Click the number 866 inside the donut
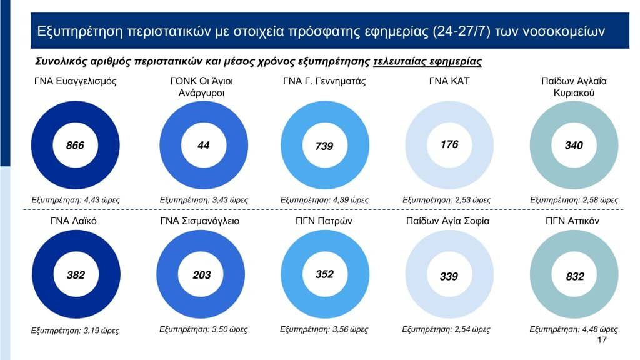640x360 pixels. [x=75, y=146]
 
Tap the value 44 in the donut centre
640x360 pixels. [x=203, y=146]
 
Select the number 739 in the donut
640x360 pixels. [x=324, y=146]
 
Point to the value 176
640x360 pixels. [x=449, y=144]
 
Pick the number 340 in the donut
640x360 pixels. [x=574, y=146]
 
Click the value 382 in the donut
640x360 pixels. [x=75, y=274]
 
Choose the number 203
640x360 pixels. [x=202, y=275]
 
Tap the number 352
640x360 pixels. [x=324, y=274]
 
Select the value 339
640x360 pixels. [x=449, y=276]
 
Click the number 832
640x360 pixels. [x=574, y=276]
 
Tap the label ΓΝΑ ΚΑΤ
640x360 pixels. [x=449, y=81]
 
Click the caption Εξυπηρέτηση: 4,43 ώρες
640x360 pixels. [x=76, y=200]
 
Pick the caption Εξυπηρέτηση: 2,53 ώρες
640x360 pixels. [x=446, y=200]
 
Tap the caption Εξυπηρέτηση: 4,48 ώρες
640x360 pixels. [x=573, y=329]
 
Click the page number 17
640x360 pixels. [x=602, y=340]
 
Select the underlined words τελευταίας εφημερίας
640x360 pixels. [x=427, y=61]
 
